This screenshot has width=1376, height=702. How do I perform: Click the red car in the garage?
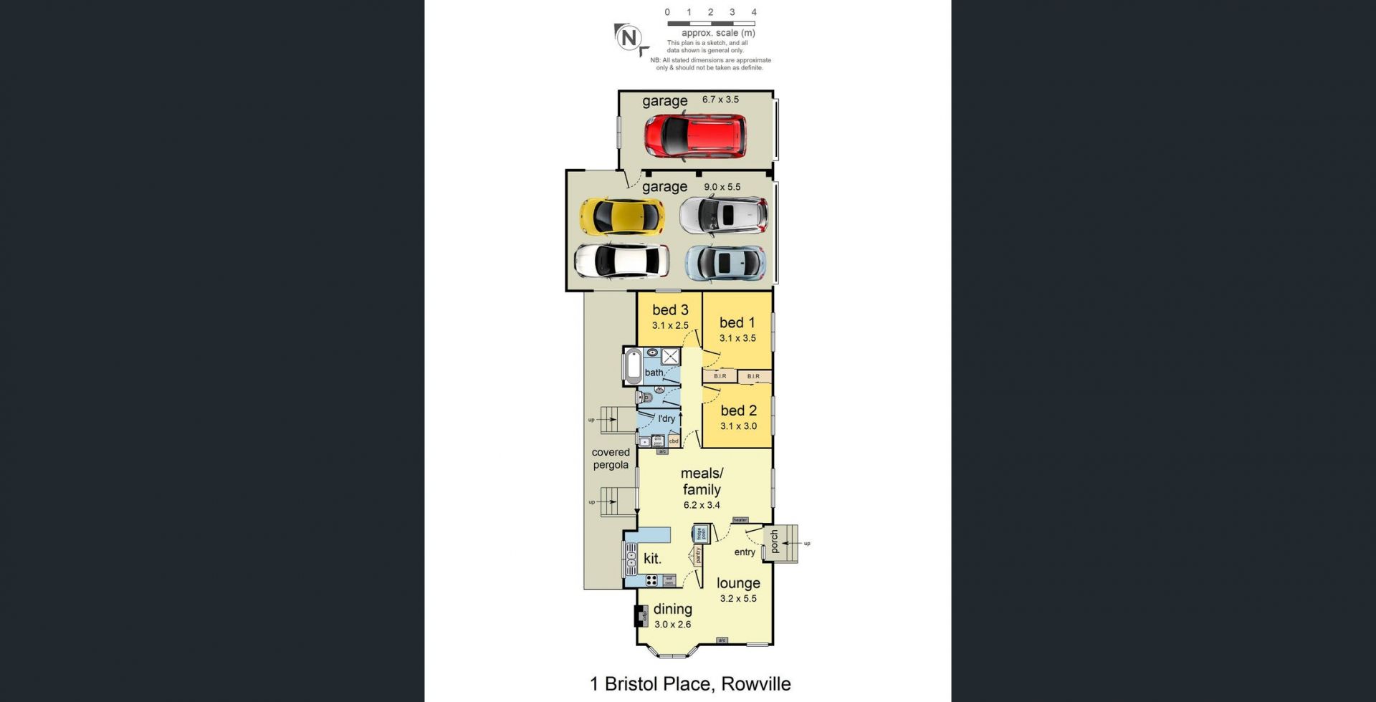coord(694,136)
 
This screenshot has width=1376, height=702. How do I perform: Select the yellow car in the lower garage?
coord(621,216)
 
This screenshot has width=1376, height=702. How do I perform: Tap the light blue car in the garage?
coord(725,263)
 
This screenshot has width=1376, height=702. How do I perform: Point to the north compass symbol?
coord(629,38)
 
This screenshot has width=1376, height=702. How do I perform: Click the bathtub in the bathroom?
coord(634,367)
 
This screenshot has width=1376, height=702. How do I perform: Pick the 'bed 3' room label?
coord(670,309)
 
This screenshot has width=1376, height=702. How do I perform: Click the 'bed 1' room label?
coord(737,322)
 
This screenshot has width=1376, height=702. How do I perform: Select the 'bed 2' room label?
coord(738,410)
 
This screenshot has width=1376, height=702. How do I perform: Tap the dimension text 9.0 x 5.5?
coord(722,187)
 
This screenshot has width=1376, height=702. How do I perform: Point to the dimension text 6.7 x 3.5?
coord(720,100)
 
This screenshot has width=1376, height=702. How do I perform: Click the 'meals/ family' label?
coord(702,481)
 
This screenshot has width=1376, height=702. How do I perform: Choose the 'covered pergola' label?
coord(611,458)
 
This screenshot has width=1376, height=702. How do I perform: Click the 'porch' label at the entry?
coord(775,542)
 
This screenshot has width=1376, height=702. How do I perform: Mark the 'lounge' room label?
coord(738,583)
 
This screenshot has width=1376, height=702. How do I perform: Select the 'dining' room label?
coord(672,609)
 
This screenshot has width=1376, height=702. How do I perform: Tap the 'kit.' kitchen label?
coord(652,559)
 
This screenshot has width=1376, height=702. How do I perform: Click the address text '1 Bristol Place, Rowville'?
coord(690,683)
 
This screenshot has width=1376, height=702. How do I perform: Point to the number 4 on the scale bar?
coord(754,12)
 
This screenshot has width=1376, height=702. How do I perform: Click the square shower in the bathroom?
coord(670,356)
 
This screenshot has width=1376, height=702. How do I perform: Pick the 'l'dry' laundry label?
coord(666,418)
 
